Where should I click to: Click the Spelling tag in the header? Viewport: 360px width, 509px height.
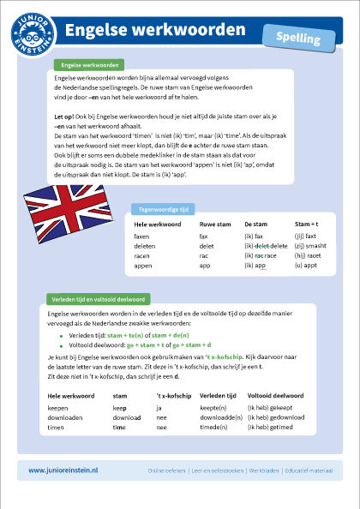click(x=299, y=39)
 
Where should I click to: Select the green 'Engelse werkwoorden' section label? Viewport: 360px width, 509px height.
click(x=87, y=65)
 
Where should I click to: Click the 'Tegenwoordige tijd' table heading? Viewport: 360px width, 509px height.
click(x=159, y=208)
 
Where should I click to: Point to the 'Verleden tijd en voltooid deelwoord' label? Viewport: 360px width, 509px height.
click(x=99, y=300)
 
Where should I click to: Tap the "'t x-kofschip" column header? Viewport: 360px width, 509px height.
click(x=172, y=397)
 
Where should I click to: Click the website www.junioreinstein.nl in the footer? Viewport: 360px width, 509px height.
click(x=64, y=470)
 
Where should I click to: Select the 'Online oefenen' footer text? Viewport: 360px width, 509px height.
click(x=167, y=470)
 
